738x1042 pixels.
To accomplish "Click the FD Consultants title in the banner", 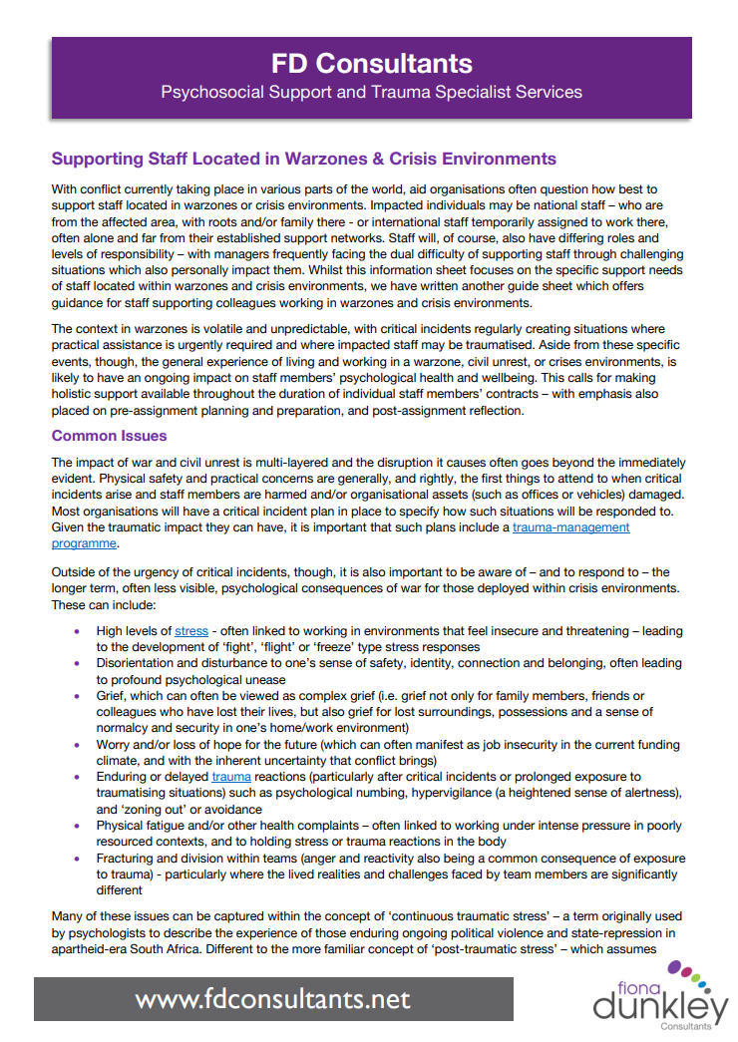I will point(372,64).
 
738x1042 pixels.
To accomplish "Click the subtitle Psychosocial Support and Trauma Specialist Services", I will point(372,93).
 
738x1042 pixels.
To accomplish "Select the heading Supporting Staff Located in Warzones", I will point(303,159).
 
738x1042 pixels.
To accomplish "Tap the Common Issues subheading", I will point(110,436).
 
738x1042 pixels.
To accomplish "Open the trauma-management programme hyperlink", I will point(570,527).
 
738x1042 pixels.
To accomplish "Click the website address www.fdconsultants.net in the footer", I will point(272,998).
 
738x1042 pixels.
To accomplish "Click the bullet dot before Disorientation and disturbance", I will point(79,663).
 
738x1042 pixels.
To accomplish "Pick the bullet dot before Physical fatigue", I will point(79,827).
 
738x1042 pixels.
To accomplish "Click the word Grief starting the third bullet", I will point(112,695).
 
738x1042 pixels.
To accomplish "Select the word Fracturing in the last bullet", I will point(127,859).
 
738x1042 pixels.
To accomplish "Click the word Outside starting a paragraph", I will point(76,571).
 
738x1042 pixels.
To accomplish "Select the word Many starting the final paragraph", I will point(69,915).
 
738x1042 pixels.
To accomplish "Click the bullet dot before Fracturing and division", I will point(79,859).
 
